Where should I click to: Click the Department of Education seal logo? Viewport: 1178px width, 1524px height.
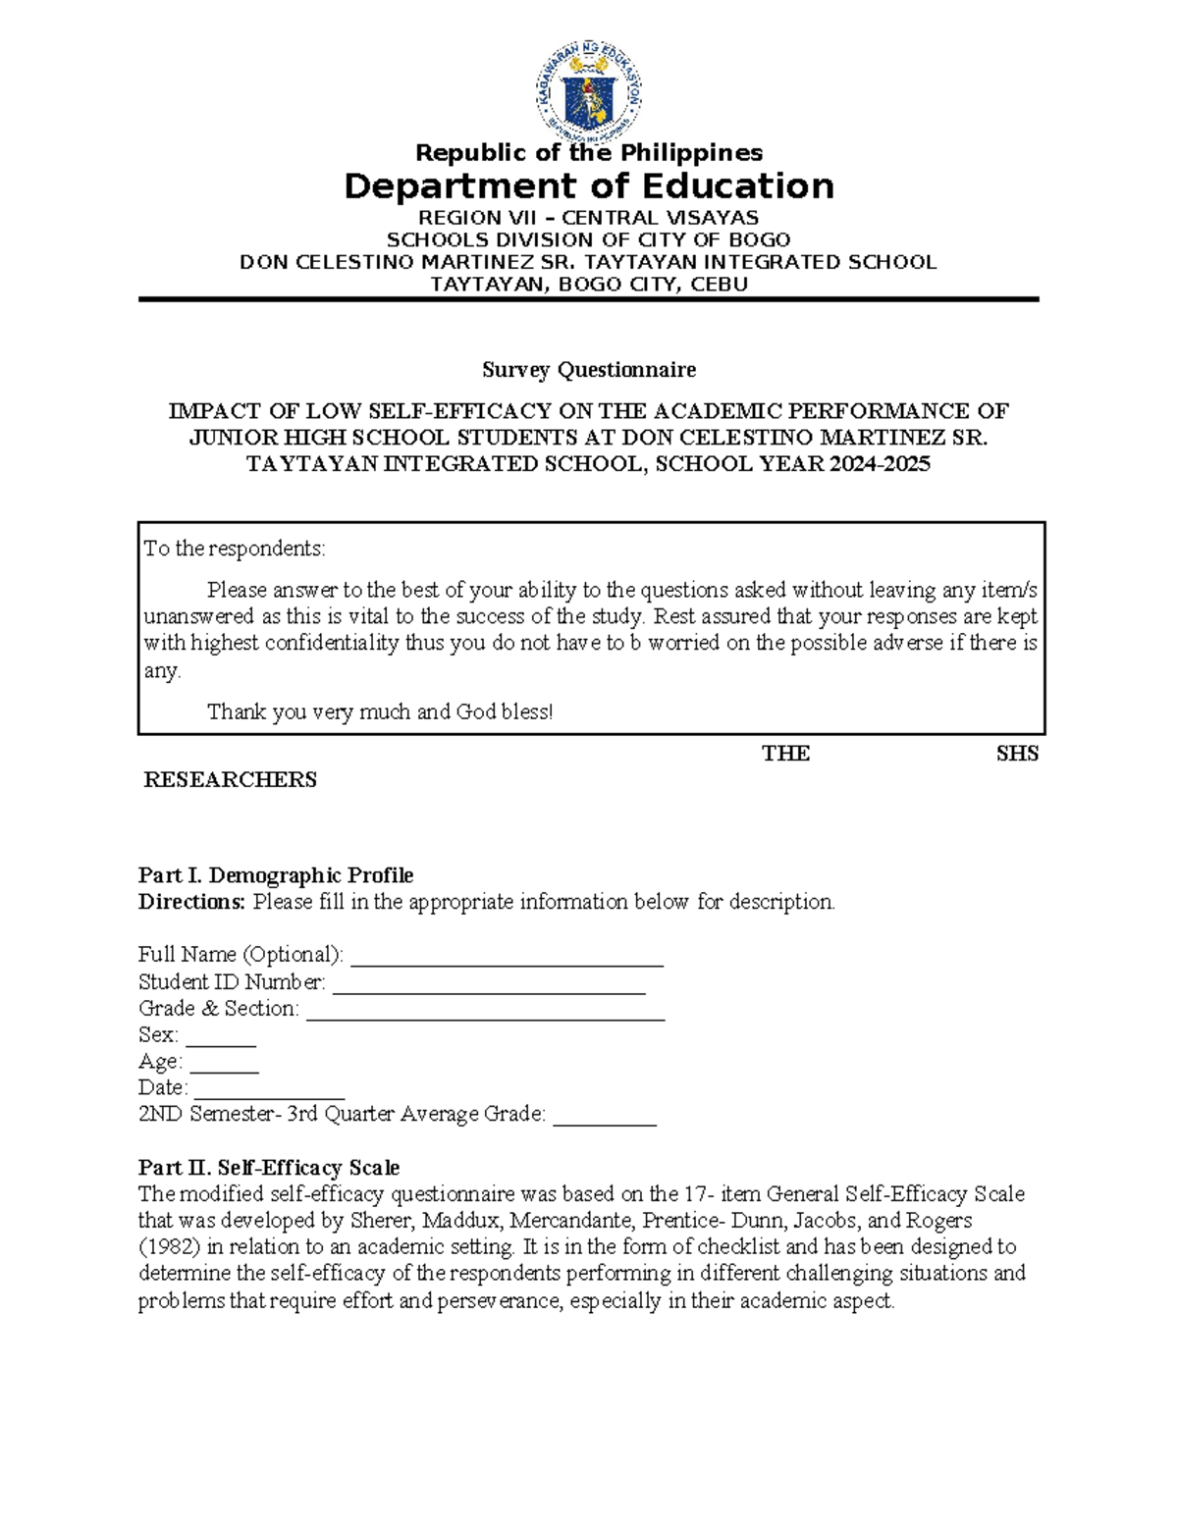click(x=588, y=94)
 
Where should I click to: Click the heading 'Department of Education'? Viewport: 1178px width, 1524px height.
click(x=588, y=186)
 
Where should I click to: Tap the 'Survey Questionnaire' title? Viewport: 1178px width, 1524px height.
click(x=588, y=370)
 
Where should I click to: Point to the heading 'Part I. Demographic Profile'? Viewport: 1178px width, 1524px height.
click(x=276, y=875)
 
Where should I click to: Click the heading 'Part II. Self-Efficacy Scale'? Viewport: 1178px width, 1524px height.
click(x=269, y=1168)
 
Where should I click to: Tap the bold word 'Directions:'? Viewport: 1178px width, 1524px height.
click(x=191, y=902)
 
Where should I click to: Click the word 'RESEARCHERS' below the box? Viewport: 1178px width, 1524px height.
click(x=231, y=780)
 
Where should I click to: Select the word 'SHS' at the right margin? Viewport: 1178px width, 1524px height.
click(x=1017, y=754)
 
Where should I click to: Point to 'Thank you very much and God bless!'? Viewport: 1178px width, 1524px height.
click(x=380, y=712)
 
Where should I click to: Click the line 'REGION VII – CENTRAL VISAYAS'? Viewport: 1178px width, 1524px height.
click(x=588, y=218)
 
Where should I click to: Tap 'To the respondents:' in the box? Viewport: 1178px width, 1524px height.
click(x=235, y=549)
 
